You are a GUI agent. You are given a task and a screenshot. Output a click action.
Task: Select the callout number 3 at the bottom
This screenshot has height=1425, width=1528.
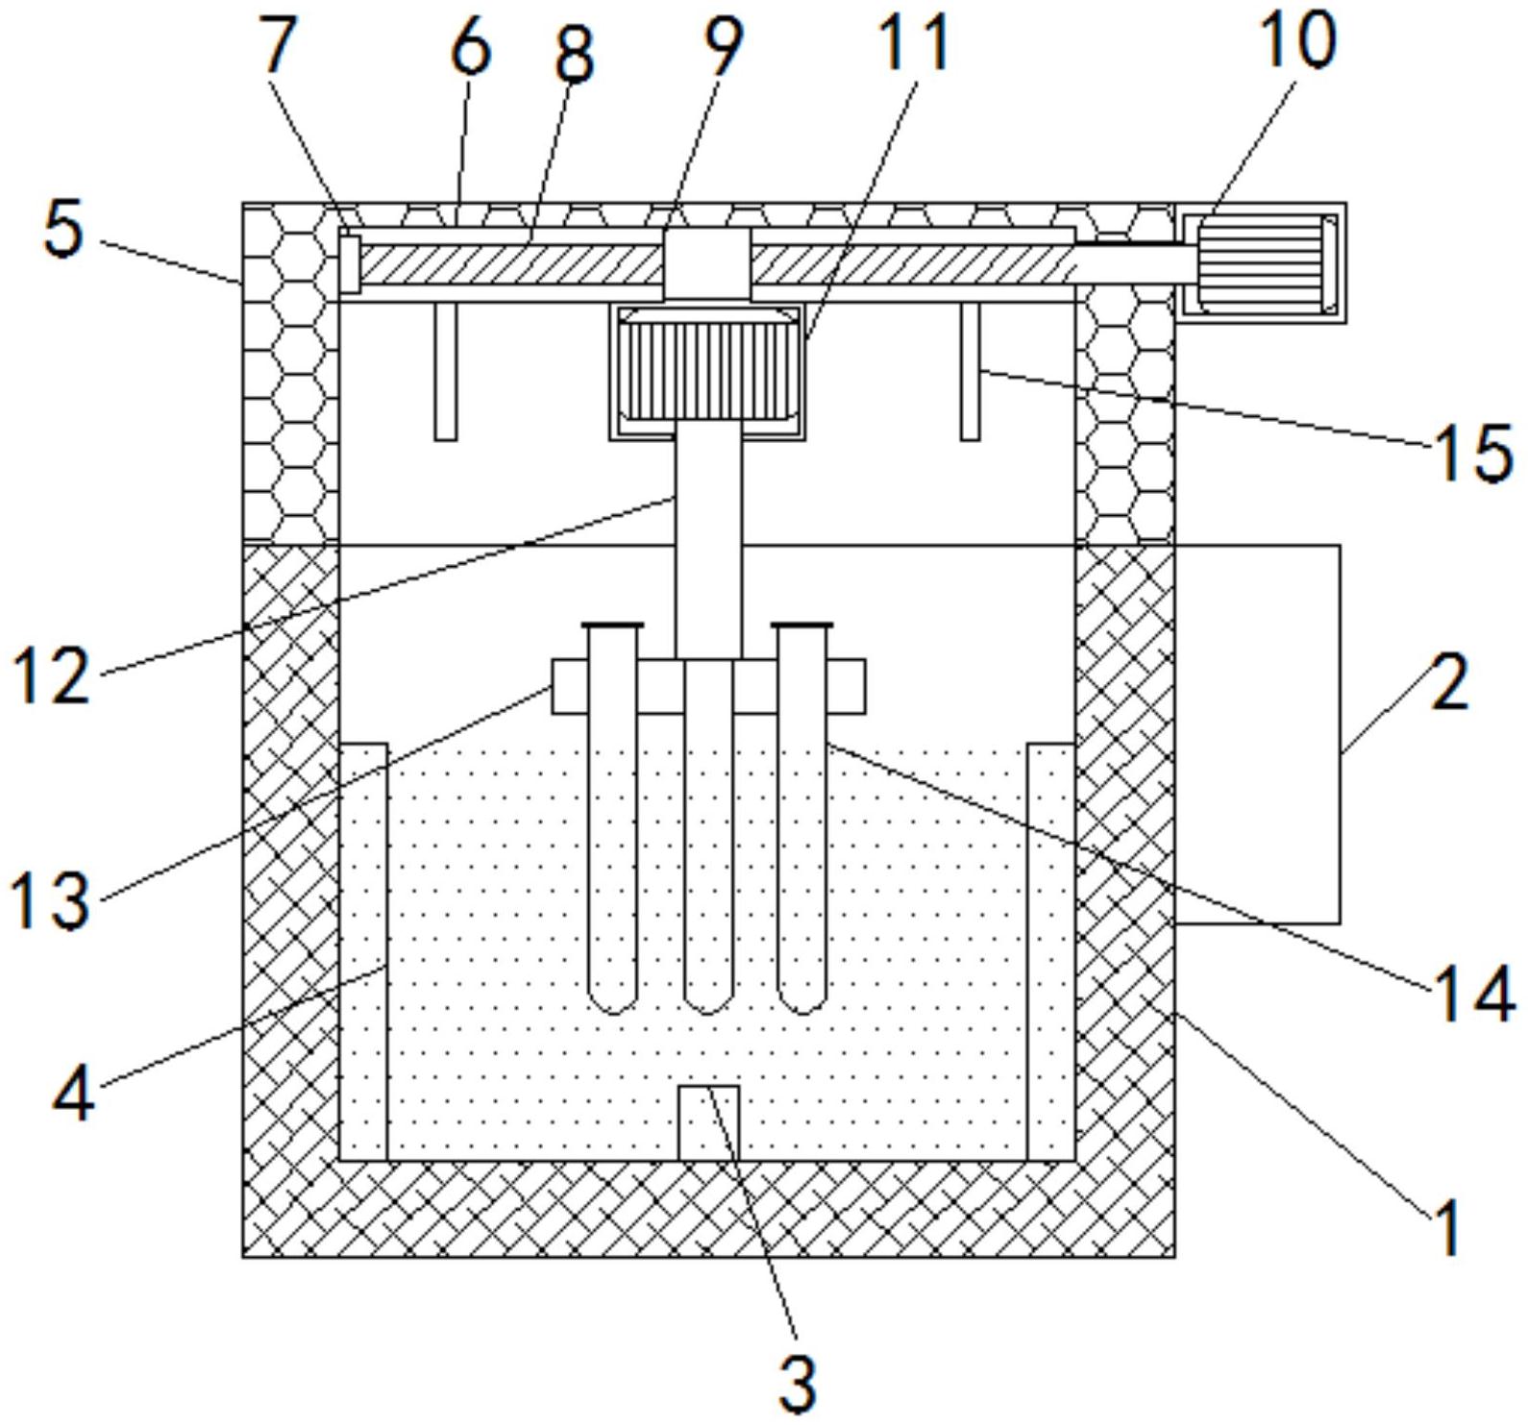797,1381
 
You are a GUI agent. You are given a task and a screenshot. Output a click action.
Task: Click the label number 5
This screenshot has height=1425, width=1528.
63,232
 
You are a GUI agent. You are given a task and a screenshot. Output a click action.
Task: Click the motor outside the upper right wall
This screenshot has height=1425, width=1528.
1261,262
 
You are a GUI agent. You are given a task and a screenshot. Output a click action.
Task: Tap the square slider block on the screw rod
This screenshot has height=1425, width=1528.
707,262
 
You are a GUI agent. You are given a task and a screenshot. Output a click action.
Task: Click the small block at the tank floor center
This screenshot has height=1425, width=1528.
709,1122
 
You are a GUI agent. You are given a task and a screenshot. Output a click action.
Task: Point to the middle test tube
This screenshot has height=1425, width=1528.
708,836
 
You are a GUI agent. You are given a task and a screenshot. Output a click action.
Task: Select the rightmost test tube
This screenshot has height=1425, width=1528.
802,817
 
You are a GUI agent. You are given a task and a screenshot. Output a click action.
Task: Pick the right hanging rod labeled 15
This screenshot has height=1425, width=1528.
971,372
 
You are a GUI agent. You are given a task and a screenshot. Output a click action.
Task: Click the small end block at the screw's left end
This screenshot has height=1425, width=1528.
350,263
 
